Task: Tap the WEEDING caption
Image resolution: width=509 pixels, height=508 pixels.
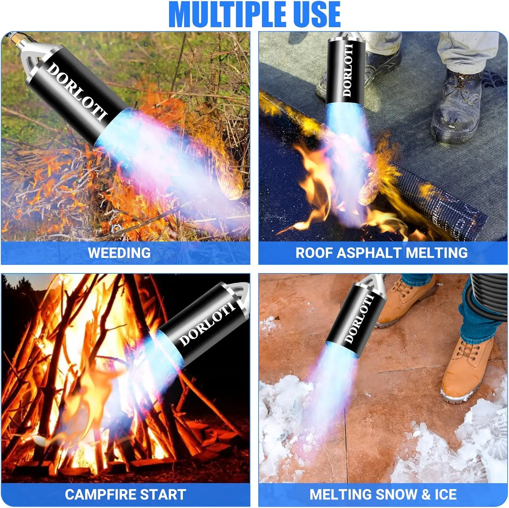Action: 119,253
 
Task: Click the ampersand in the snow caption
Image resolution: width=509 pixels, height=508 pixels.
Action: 426,494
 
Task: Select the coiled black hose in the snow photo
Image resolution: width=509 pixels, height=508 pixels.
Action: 489,299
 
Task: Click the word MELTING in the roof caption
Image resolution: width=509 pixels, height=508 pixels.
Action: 437,253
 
